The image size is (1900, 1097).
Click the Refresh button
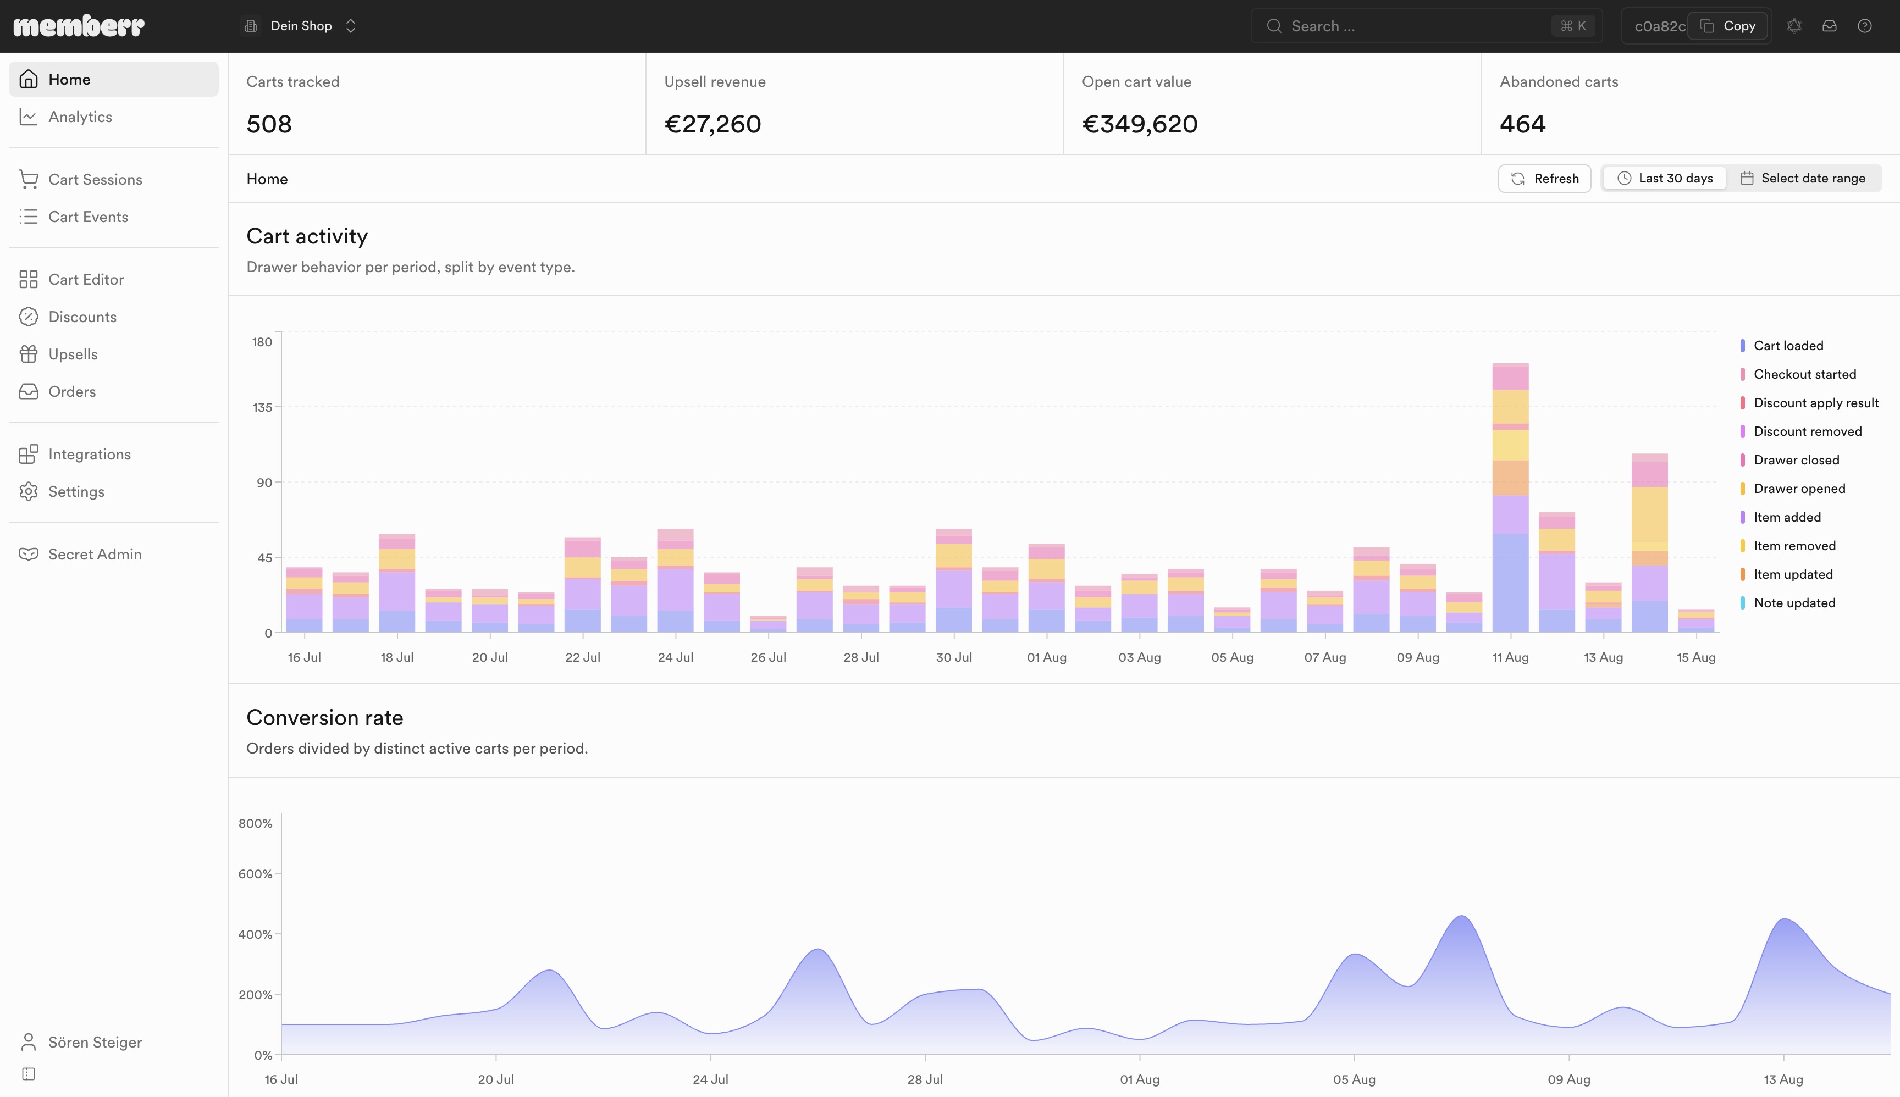pyautogui.click(x=1544, y=179)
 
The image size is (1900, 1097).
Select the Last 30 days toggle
pyautogui.click(x=1665, y=179)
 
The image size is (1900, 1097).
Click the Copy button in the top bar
pyautogui.click(x=1728, y=26)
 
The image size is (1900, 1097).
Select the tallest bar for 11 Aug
pyautogui.click(x=1510, y=498)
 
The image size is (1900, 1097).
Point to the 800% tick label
pyautogui.click(x=256, y=823)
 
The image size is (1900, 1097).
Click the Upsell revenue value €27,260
pyautogui.click(x=712, y=124)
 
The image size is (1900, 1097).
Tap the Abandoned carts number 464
pyautogui.click(x=1522, y=124)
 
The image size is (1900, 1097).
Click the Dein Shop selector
pyautogui.click(x=300, y=26)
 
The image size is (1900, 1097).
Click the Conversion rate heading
pyautogui.click(x=325, y=717)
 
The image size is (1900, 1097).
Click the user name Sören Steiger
pyautogui.click(x=95, y=1042)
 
